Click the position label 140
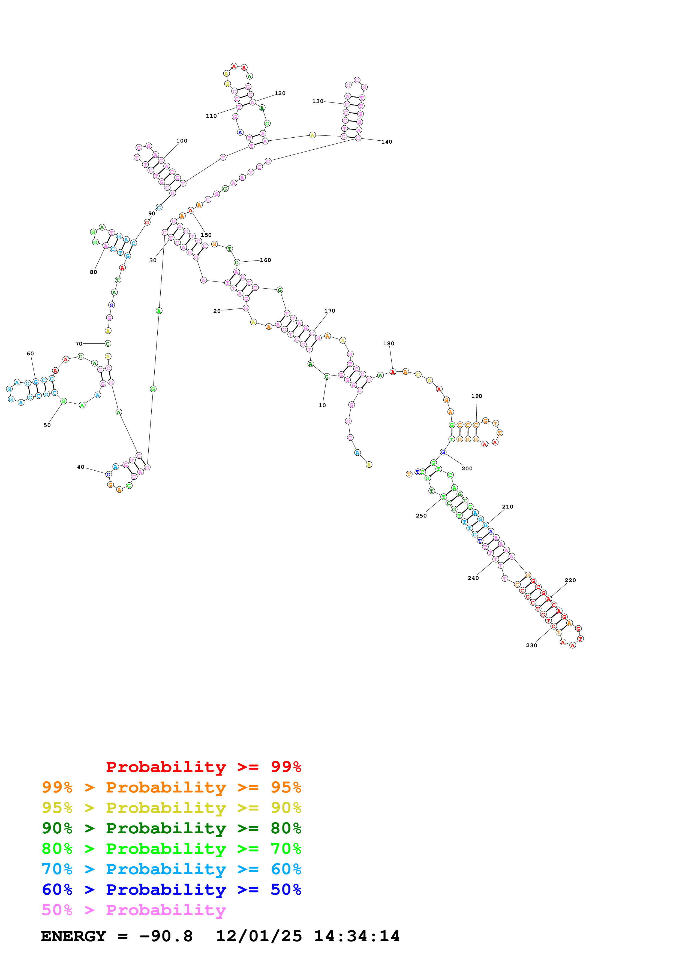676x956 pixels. pos(386,142)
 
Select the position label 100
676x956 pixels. pos(182,141)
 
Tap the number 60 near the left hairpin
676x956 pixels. pos(31,353)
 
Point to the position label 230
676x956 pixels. pos(531,645)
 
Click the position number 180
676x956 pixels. pos(389,343)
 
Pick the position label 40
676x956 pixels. pos(81,467)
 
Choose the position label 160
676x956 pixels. pos(265,260)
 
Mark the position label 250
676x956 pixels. pos(421,516)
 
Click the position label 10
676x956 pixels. pos(322,405)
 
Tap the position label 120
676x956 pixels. pos(280,93)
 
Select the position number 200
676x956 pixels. pos(467,468)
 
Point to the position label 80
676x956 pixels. pos(93,272)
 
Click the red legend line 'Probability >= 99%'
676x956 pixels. pos(203,767)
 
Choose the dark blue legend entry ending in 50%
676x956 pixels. pos(171,890)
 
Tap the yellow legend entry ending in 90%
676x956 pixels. pos(171,808)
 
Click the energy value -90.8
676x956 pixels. pos(166,936)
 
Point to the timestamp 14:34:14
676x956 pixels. pos(356,936)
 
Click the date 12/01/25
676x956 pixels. pos(259,936)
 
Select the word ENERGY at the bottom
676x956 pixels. pos(73,936)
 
